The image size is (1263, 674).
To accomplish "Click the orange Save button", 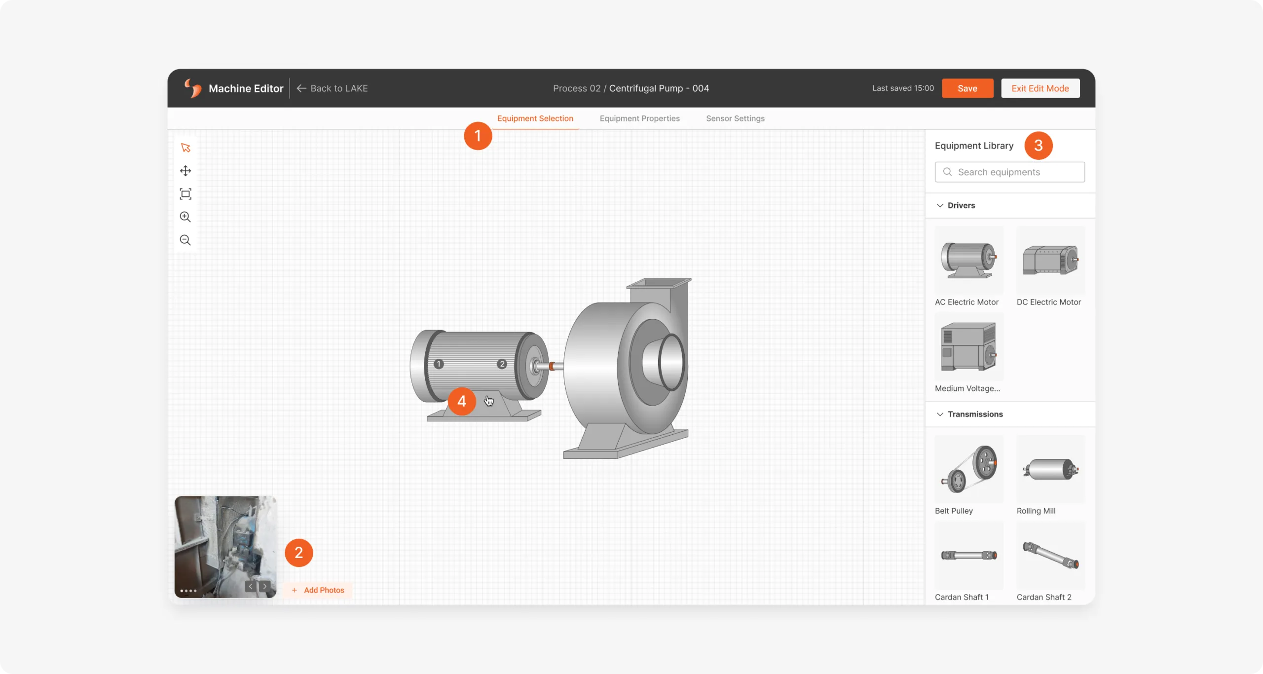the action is click(967, 88).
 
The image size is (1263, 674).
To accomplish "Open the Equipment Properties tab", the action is click(639, 118).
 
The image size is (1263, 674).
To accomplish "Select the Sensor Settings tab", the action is click(735, 118).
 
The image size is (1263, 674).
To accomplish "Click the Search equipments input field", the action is click(1009, 172).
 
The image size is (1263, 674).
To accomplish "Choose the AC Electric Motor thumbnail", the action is click(969, 260).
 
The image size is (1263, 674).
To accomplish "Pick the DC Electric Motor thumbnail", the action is click(1051, 260).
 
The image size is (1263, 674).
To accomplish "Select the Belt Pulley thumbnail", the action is click(969, 469).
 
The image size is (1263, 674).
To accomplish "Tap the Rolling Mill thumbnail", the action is click(1051, 469).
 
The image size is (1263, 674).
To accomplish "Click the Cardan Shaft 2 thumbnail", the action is click(1051, 555).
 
